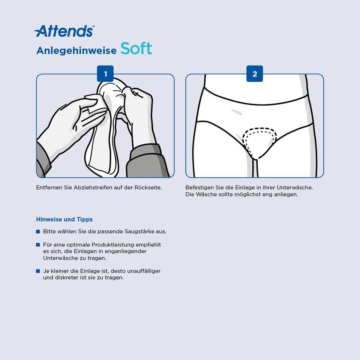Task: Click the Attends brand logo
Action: click(64, 31)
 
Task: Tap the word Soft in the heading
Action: click(136, 49)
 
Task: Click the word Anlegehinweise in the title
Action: click(76, 51)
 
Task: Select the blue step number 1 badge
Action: click(105, 74)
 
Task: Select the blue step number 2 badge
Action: click(255, 74)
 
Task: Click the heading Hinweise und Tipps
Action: click(64, 219)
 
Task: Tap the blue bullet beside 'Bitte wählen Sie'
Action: click(38, 232)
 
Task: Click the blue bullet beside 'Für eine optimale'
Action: click(38, 245)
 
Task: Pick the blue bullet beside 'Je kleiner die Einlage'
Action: click(38, 271)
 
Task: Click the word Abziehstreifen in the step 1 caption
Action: click(93, 187)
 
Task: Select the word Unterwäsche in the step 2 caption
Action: click(294, 187)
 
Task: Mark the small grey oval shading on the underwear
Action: click(237, 112)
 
